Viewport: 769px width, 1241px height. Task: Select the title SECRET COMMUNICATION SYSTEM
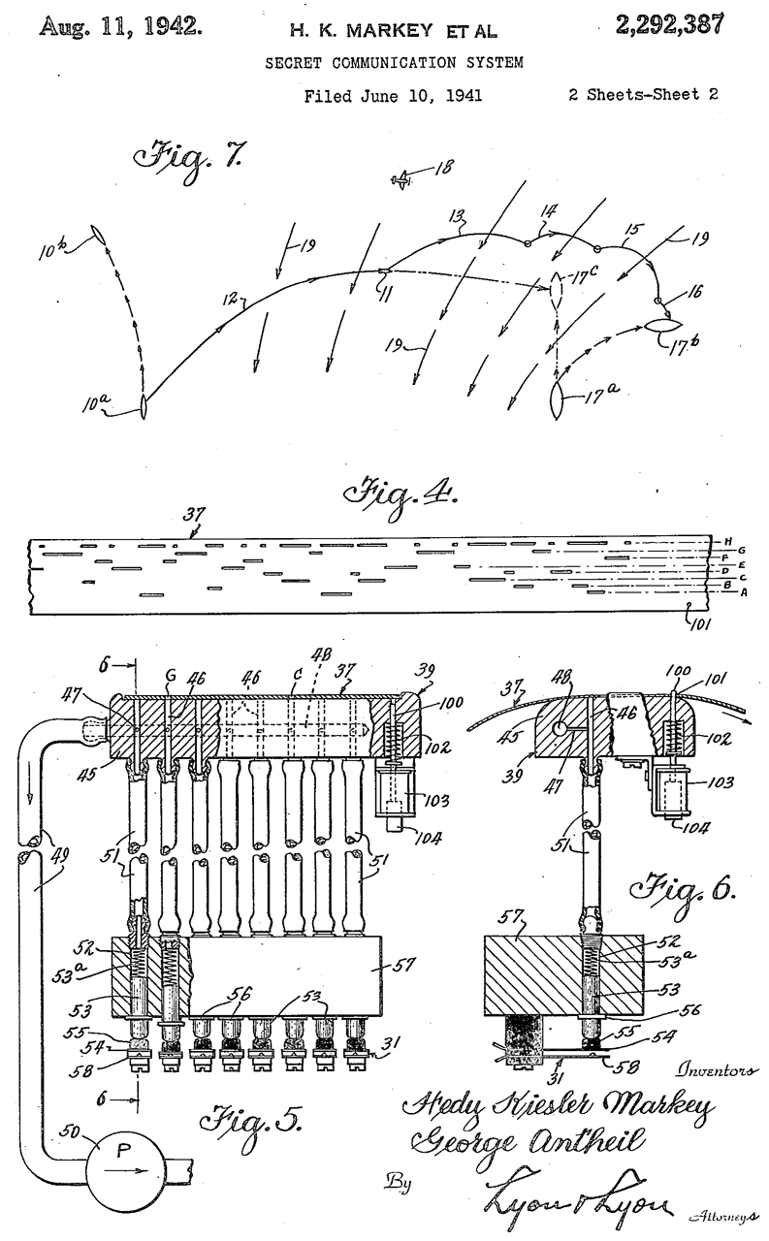[x=394, y=63]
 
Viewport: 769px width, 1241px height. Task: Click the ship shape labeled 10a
[x=144, y=405]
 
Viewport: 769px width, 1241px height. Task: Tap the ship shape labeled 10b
[x=99, y=236]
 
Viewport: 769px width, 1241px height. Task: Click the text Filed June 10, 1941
[x=393, y=96]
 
